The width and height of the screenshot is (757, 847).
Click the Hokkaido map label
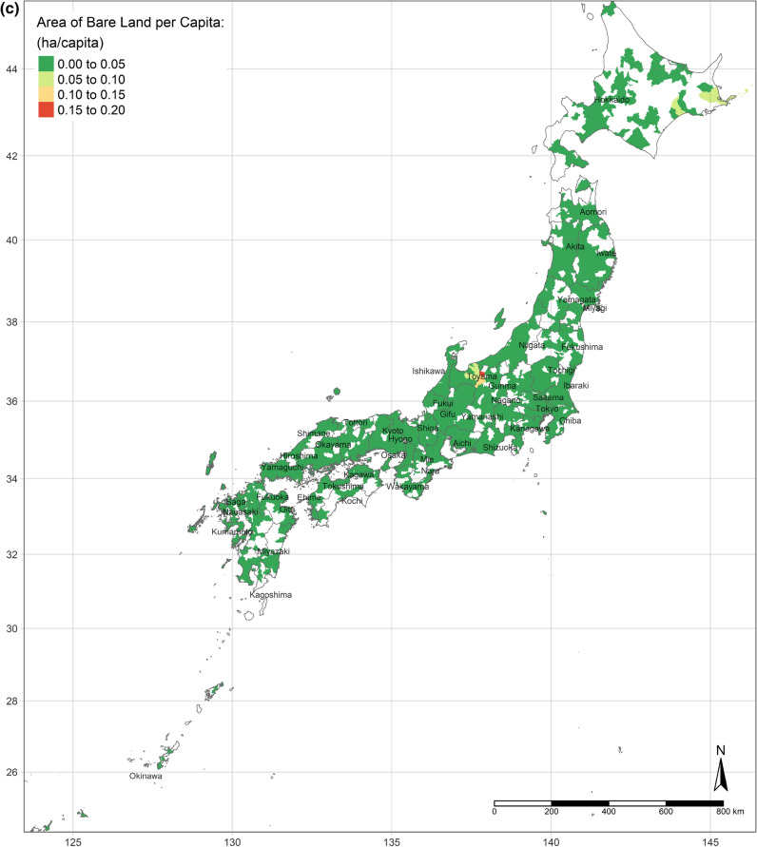[x=613, y=100]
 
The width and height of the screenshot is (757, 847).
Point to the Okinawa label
[x=146, y=777]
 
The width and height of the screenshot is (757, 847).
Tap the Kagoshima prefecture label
[x=271, y=595]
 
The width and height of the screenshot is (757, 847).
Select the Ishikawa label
[x=429, y=371]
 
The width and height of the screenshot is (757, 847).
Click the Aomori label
[x=592, y=211]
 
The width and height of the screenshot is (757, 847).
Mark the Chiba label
[x=571, y=420]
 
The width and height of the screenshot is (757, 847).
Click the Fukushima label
[x=582, y=347]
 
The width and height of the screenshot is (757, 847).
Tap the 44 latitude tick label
[x=12, y=69]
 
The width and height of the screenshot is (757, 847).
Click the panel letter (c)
[x=10, y=10]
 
